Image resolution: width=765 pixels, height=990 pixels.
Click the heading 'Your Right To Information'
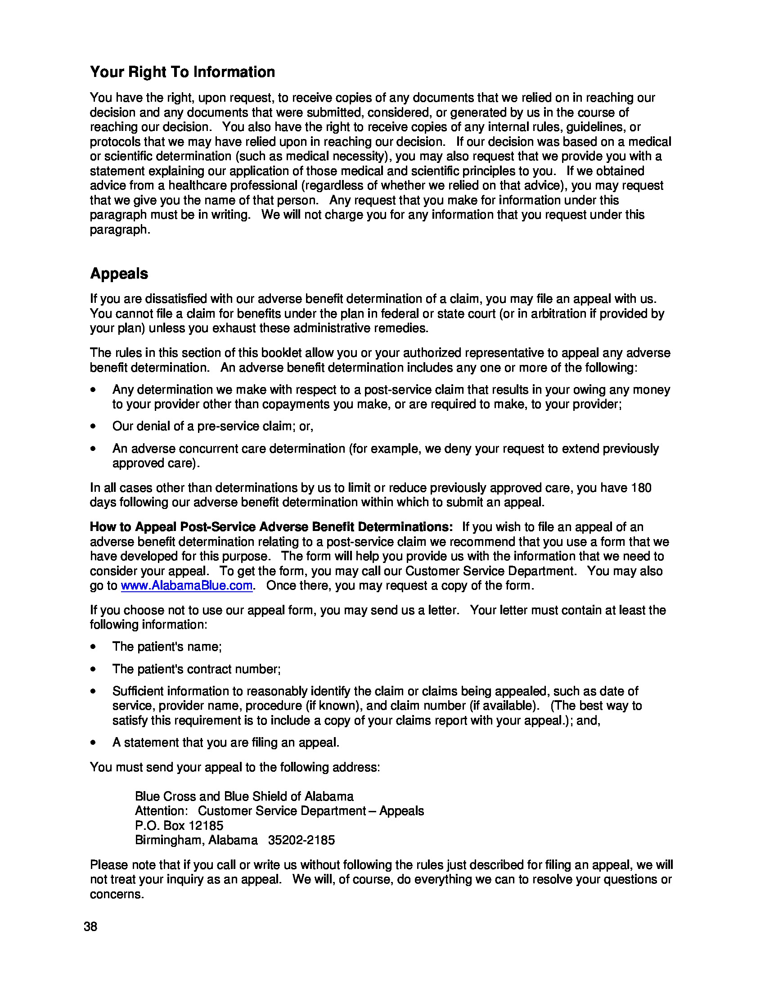(x=182, y=72)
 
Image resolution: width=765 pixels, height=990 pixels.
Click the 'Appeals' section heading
(x=119, y=274)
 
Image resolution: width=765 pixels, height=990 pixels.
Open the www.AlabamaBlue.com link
(x=186, y=585)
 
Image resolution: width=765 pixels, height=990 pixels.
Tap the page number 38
(x=90, y=927)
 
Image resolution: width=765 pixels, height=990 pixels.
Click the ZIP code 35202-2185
(x=301, y=840)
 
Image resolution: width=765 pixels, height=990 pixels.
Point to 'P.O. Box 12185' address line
(x=179, y=825)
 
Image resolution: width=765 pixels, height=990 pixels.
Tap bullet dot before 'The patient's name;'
(x=93, y=647)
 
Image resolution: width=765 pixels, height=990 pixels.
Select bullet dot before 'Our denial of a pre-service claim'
(x=93, y=427)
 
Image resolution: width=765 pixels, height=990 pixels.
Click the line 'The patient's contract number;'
(x=196, y=669)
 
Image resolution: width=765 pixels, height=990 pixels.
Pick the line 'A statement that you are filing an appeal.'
(x=226, y=742)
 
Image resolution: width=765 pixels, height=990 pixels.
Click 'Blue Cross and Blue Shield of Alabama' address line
(x=244, y=796)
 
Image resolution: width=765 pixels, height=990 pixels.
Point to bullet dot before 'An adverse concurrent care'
(x=93, y=449)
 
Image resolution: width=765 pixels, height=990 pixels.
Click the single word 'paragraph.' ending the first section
(x=120, y=230)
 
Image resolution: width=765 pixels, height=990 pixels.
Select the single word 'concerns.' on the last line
(x=117, y=894)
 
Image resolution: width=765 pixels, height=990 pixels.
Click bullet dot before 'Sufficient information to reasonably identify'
(x=93, y=691)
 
